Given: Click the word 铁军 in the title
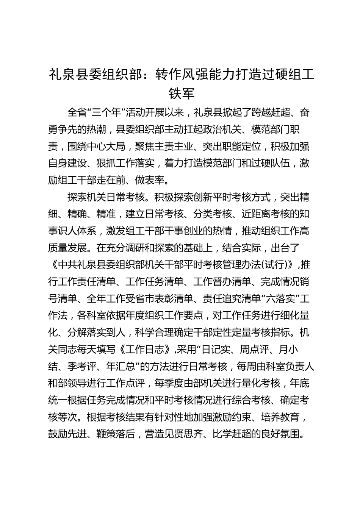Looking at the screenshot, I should pyautogui.click(x=182, y=94).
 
